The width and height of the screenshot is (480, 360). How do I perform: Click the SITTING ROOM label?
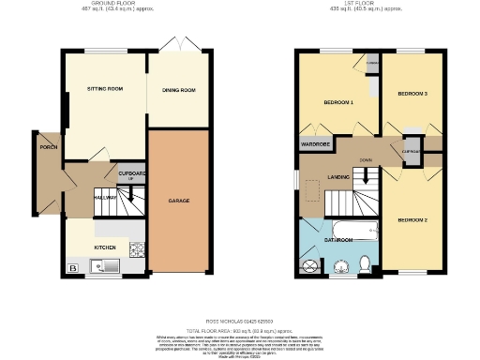click(105, 88)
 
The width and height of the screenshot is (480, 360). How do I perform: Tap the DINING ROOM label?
click(179, 90)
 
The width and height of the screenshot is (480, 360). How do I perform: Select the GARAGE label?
click(179, 201)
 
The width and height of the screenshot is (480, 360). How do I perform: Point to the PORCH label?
click(48, 147)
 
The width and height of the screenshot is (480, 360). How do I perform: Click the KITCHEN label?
click(104, 247)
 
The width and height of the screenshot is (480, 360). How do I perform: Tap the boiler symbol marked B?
click(72, 269)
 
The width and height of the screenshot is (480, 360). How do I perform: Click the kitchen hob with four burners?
click(136, 249)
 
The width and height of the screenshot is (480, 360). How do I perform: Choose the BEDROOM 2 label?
click(412, 219)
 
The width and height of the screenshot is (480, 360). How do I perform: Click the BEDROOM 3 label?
click(412, 94)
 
